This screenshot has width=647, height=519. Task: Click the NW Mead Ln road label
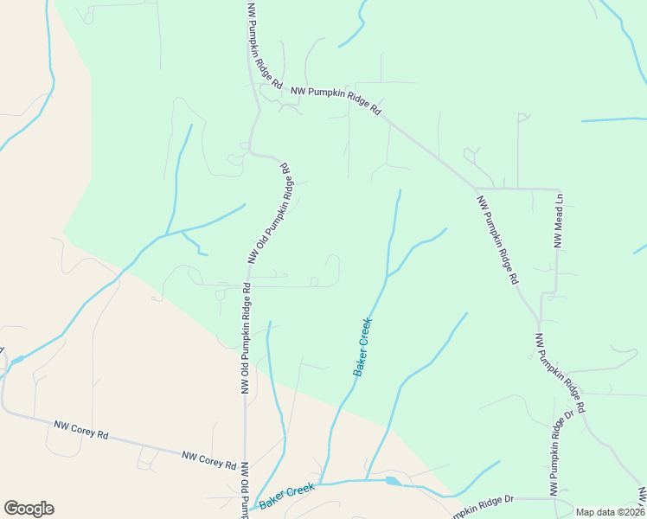pyautogui.click(x=559, y=221)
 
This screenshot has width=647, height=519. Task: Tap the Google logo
pyautogui.click(x=29, y=509)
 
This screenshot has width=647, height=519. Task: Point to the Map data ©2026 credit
pyautogui.click(x=611, y=512)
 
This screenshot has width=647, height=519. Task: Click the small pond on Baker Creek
pyautogui.click(x=392, y=481)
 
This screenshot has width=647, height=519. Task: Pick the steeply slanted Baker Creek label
pyautogui.click(x=362, y=346)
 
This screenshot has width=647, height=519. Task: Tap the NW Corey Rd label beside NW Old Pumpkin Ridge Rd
pyautogui.click(x=208, y=458)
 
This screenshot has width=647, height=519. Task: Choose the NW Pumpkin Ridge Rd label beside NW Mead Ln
pyautogui.click(x=497, y=240)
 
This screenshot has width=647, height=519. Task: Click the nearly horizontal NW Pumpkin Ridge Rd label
pyautogui.click(x=336, y=99)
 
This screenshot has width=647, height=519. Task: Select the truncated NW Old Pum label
pyautogui.click(x=245, y=490)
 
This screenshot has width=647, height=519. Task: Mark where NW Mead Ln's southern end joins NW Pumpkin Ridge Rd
pyautogui.click(x=542, y=295)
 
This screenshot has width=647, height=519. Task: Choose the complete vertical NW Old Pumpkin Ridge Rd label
pyautogui.click(x=246, y=339)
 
